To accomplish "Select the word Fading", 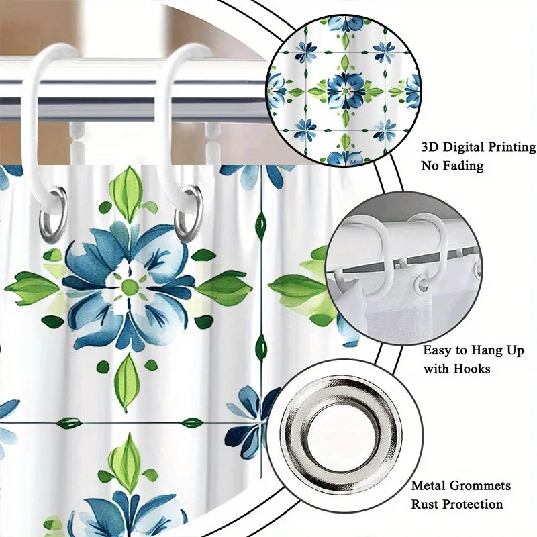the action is [x=465, y=166].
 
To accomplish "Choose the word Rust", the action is [x=426, y=504].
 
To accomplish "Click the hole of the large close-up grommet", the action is [x=343, y=429].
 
